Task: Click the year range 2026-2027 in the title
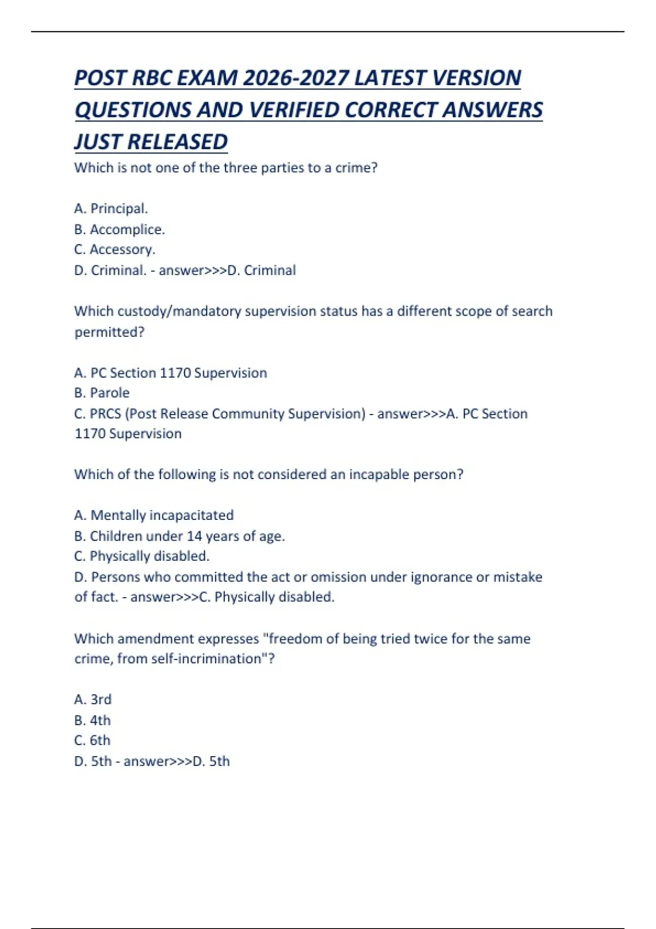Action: tap(295, 78)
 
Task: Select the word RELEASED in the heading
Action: tap(177, 142)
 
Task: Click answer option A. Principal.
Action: tap(111, 209)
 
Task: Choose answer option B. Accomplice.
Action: tap(119, 230)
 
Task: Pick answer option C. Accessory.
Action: tap(115, 250)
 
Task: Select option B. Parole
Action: tap(102, 393)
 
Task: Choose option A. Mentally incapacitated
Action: tap(154, 515)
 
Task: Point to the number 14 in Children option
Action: tap(195, 536)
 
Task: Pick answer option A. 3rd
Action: tap(93, 700)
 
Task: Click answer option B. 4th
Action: tap(92, 721)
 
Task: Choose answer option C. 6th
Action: tap(92, 740)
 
